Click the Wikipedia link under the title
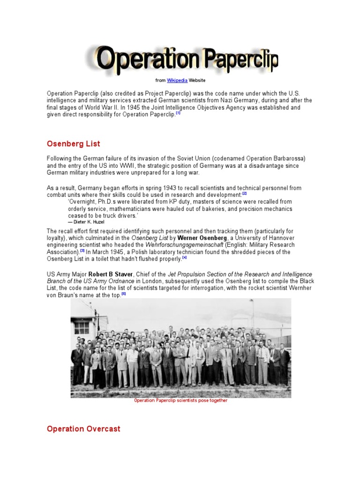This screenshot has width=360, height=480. coord(174,81)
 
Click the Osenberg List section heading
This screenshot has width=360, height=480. coord(74,144)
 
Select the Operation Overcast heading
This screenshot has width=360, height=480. coord(83,429)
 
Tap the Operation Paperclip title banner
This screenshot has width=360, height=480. coord(182,60)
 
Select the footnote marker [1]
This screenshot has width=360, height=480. coord(178,113)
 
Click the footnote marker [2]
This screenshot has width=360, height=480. coord(244,193)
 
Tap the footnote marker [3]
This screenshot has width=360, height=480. coord(82,251)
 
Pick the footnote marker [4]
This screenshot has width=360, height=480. coord(185,257)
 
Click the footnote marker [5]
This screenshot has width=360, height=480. coord(124,293)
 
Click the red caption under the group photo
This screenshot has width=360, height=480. coord(180,401)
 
